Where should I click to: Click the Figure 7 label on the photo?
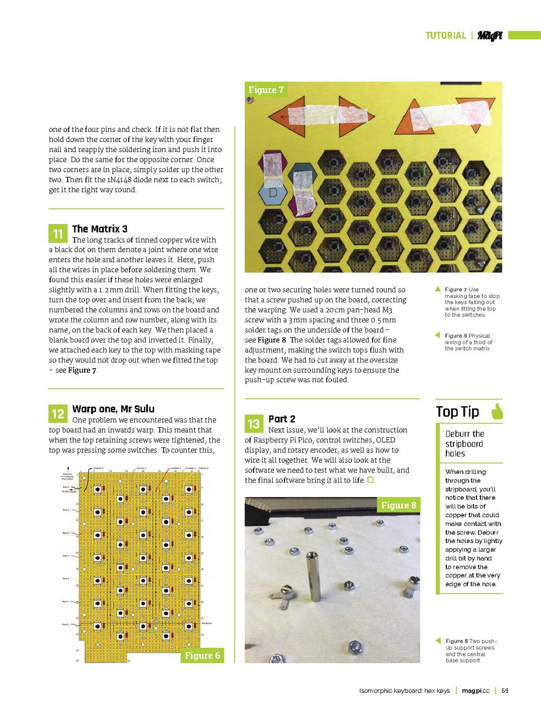click(x=266, y=90)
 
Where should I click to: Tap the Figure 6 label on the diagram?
click(x=202, y=655)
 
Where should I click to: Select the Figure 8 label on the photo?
click(x=398, y=505)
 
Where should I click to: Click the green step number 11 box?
click(x=58, y=234)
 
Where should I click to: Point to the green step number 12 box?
click(x=58, y=414)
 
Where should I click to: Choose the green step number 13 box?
click(x=253, y=424)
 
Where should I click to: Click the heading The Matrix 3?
click(x=100, y=229)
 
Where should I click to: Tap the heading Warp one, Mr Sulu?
click(x=113, y=409)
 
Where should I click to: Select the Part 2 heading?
click(x=282, y=419)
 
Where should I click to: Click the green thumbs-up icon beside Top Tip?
click(x=497, y=411)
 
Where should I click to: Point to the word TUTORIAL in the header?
click(x=446, y=36)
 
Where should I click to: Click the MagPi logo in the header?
click(x=489, y=36)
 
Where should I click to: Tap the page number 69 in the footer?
click(x=505, y=691)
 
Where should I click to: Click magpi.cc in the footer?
click(x=475, y=691)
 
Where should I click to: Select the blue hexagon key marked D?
click(x=273, y=193)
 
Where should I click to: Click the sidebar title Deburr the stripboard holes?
click(x=464, y=444)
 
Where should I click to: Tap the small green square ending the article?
click(x=371, y=480)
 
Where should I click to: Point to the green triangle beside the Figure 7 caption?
click(x=438, y=289)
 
